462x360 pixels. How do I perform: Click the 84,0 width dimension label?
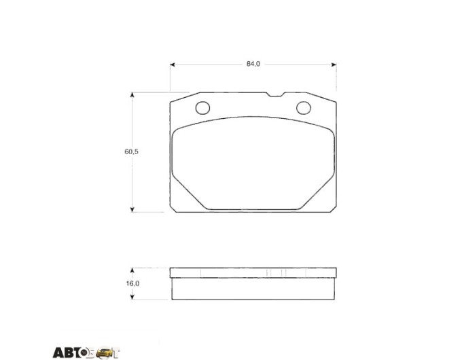[253, 64]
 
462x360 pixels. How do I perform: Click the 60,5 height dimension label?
[131, 151]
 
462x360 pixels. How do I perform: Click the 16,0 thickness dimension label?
[132, 283]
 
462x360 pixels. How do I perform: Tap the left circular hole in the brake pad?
[202, 108]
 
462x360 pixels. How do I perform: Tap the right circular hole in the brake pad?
[304, 108]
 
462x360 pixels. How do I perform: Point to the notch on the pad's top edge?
[275, 94]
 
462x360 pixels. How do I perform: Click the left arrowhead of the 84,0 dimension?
[173, 65]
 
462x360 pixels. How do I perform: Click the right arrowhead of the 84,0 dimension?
[334, 65]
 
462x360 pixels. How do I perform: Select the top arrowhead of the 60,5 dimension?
[132, 95]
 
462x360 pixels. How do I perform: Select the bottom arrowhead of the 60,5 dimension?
[132, 209]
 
